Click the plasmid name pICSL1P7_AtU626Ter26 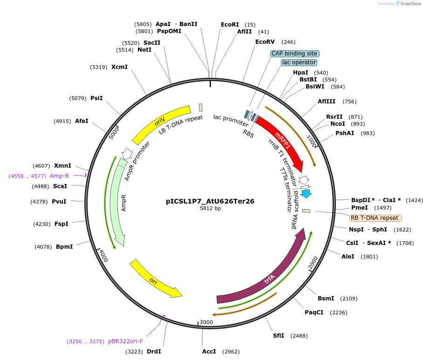[x=210, y=202]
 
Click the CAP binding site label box [x=294, y=54]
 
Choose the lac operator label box [x=299, y=62]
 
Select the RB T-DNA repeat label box [x=375, y=218]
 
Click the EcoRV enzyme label [x=265, y=42]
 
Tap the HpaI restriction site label [x=300, y=73]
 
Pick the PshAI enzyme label [x=345, y=133]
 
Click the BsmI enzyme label [x=326, y=299]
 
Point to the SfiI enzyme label [x=279, y=336]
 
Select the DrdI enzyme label [x=154, y=352]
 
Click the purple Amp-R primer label [x=59, y=176]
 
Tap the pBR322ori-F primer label [x=125, y=341]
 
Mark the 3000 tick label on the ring [x=206, y=322]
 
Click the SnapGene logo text [x=410, y=4]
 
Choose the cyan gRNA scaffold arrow [x=306, y=193]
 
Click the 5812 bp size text [x=210, y=209]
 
